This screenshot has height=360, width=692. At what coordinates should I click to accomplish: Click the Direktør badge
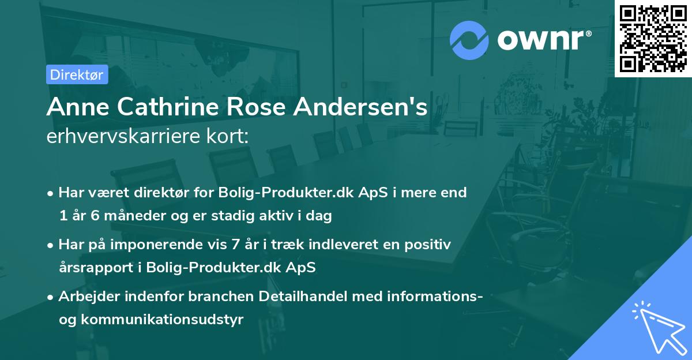click(77, 74)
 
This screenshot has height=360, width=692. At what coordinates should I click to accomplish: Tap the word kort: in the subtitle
click(230, 136)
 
